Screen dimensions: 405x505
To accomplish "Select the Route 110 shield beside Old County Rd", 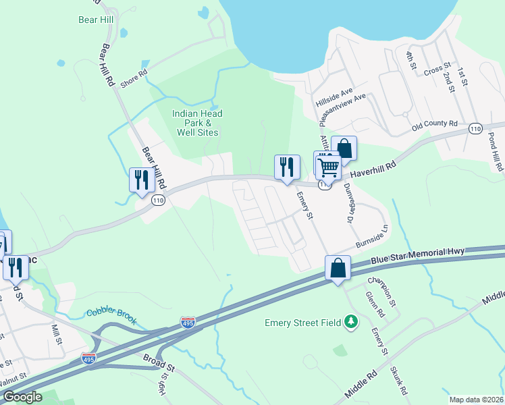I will [x=475, y=128].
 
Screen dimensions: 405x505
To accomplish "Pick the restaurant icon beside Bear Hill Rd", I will [x=141, y=180].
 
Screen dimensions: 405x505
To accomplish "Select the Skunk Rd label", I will [x=398, y=381].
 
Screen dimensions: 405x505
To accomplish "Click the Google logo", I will [x=22, y=397].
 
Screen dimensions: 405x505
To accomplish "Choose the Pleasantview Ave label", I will [x=342, y=106].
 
